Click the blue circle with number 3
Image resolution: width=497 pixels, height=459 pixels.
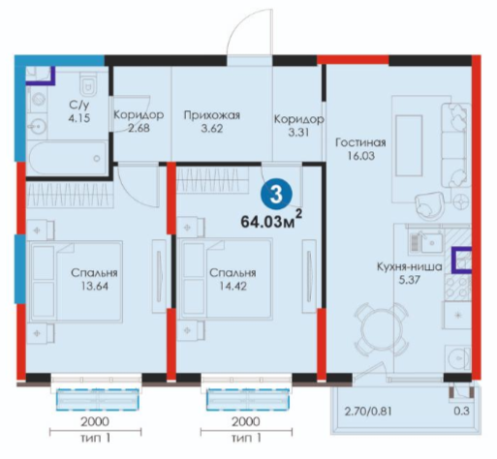point(276,195)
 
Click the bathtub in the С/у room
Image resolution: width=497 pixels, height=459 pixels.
point(66,158)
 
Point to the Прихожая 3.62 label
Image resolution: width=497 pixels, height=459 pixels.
point(212,122)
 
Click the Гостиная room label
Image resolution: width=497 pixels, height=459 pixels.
point(360,142)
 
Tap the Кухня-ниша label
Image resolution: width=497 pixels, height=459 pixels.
point(409,267)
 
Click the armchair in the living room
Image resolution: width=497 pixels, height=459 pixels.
point(429,204)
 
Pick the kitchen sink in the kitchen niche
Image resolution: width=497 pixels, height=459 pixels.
point(427,243)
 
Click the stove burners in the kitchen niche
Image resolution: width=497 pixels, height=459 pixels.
point(457,287)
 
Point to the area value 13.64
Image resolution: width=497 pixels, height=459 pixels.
point(94,286)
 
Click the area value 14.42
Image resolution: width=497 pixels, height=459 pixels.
point(233,286)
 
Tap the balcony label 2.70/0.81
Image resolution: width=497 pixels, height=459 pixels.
point(368,412)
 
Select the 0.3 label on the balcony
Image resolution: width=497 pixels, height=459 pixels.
point(462,412)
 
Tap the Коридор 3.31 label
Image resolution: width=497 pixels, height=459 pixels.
point(298,126)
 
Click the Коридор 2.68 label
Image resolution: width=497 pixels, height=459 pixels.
point(139,121)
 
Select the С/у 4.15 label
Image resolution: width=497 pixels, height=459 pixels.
point(79,111)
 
